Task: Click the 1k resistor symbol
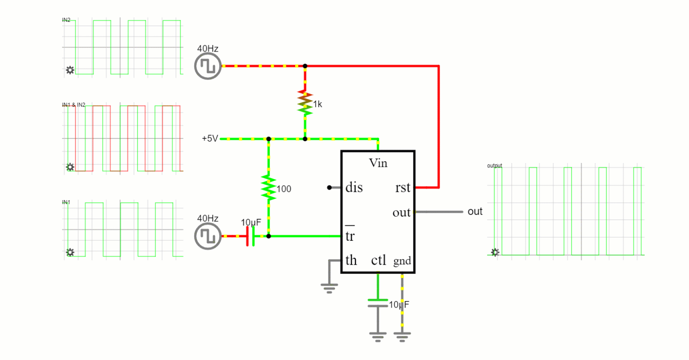[x=305, y=103]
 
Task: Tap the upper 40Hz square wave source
[x=208, y=66]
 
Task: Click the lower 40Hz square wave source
[x=208, y=236]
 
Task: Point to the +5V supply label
[x=210, y=138]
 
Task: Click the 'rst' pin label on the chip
[x=403, y=187]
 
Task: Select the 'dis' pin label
[x=354, y=187]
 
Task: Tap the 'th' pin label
[x=351, y=260]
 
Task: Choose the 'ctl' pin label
[x=378, y=260]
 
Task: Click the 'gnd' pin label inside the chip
[x=402, y=261]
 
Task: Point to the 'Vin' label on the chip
[x=378, y=163]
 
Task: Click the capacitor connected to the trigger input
[x=250, y=236]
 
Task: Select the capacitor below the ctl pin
[x=378, y=303]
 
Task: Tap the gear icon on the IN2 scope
[x=70, y=70]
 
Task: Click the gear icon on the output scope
[x=495, y=253]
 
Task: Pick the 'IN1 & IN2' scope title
[x=73, y=105]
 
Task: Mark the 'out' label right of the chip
[x=475, y=212]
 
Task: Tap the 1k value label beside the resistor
[x=317, y=104]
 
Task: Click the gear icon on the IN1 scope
[x=70, y=253]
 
